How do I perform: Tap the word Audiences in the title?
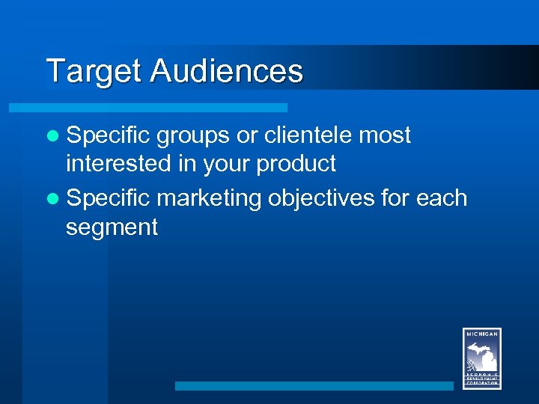[x=226, y=72]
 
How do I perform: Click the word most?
[x=385, y=135]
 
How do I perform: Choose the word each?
[x=441, y=198]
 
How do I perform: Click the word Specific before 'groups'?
[x=108, y=135]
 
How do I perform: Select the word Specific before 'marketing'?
[x=108, y=198]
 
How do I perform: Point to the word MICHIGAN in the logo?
[x=482, y=334]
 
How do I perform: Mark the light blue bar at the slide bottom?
[x=314, y=386]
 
